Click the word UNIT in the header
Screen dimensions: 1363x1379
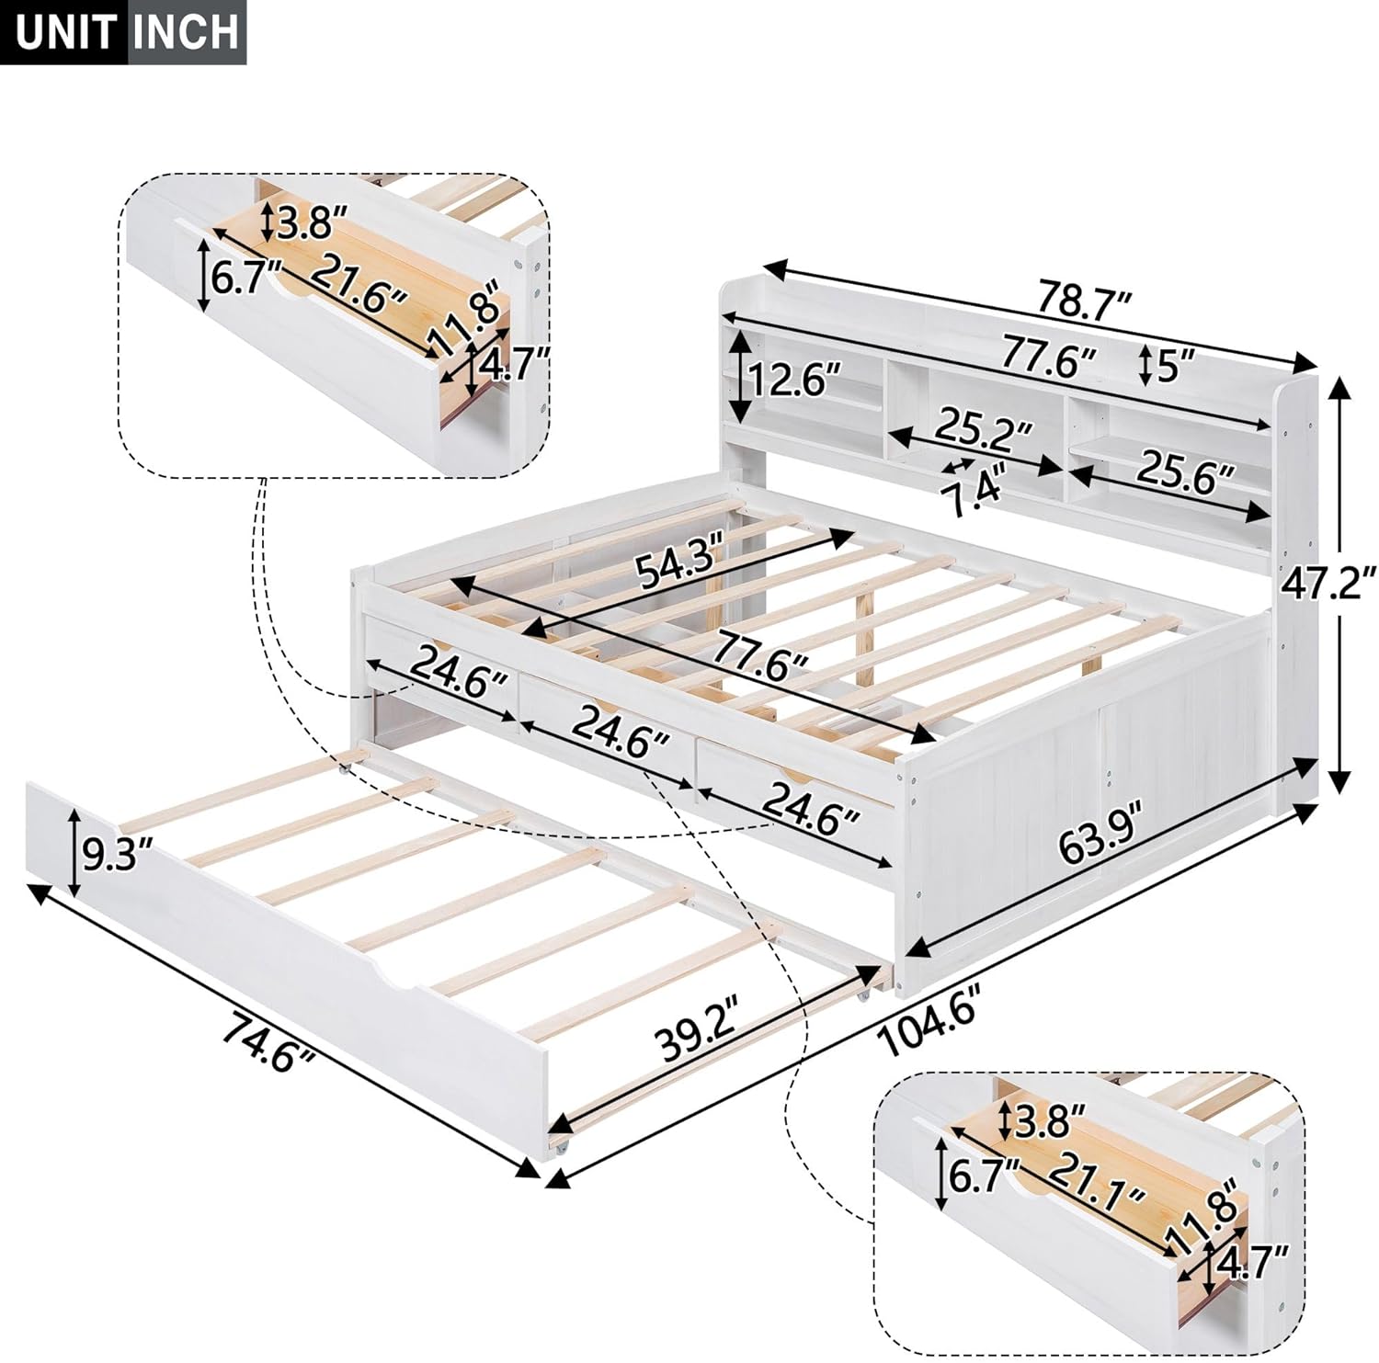64,32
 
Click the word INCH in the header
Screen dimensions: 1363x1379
187,32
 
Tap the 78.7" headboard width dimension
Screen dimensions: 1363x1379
1084,300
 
